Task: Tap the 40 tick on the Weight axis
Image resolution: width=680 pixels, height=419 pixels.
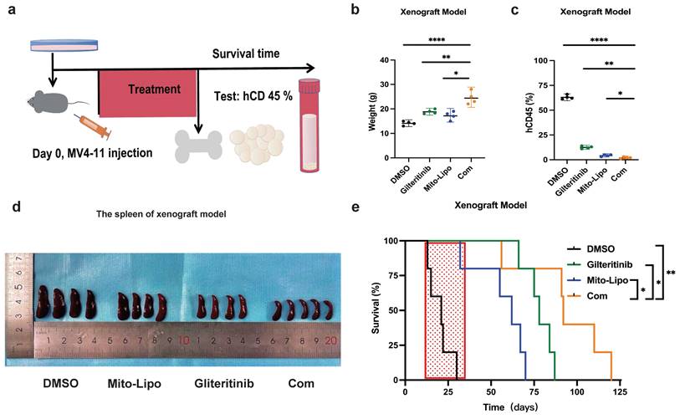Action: click(387, 60)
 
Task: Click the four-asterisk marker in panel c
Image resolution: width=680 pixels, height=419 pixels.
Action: click(599, 38)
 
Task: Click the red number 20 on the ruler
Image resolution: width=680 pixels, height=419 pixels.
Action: click(332, 341)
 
